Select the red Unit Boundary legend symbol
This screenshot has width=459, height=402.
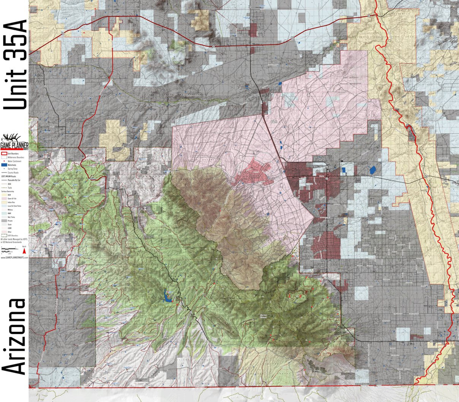4,154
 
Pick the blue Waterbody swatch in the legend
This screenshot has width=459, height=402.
4,165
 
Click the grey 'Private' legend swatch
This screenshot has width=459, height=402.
4,221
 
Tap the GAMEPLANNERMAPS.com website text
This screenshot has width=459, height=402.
14,258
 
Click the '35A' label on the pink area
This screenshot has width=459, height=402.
273,122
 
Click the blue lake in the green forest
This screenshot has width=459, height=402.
168,295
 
